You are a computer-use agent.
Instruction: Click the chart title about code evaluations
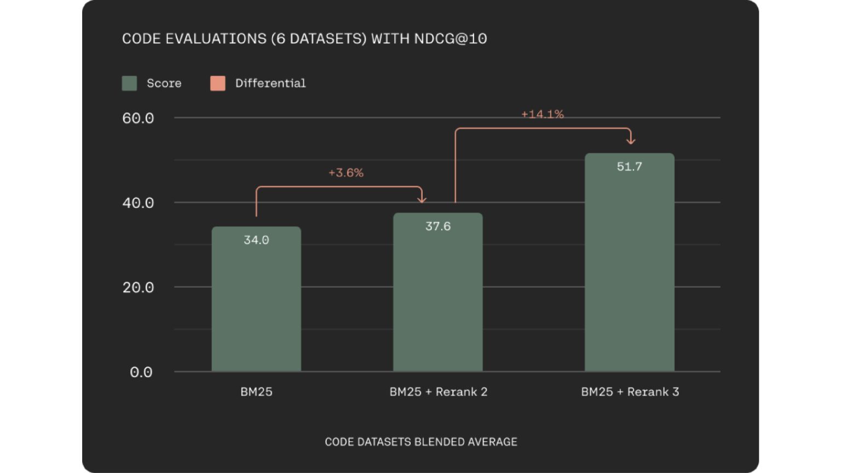[x=304, y=39]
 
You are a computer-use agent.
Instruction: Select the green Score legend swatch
[x=129, y=83]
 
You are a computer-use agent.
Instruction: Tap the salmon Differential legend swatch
[x=218, y=83]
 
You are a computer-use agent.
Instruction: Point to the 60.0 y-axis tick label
[x=138, y=118]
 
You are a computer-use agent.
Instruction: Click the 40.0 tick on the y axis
[x=138, y=203]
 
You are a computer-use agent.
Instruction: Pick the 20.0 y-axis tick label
[x=138, y=288]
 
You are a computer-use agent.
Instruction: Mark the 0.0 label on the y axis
[x=141, y=373]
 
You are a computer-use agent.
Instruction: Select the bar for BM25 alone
[x=256, y=307]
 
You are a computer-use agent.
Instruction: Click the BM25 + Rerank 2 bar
[x=438, y=301]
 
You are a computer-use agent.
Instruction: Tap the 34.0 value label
[x=256, y=240]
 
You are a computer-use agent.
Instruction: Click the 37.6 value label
[x=438, y=226]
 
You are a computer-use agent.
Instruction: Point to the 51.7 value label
[x=630, y=167]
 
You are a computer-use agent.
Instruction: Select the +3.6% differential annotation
[x=346, y=173]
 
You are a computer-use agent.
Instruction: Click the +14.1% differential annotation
[x=542, y=114]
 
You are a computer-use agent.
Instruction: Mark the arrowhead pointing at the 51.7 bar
[x=631, y=141]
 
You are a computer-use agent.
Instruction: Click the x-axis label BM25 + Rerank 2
[x=438, y=392]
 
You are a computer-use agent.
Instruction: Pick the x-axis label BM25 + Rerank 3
[x=630, y=392]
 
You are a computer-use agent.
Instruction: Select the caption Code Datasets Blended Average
[x=420, y=442]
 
